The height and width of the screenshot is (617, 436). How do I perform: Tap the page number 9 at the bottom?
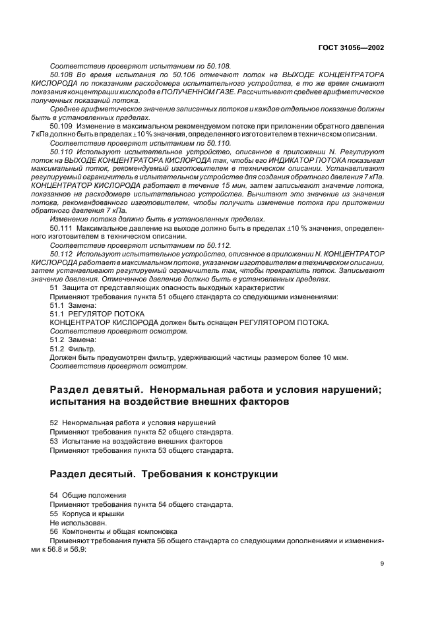[x=383, y=564]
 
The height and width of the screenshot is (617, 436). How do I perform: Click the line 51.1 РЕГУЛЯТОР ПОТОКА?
[x=88, y=314]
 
